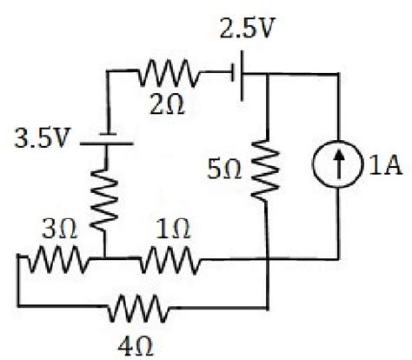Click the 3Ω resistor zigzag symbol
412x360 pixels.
tap(54, 259)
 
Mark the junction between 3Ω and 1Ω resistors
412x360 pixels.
tap(104, 259)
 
